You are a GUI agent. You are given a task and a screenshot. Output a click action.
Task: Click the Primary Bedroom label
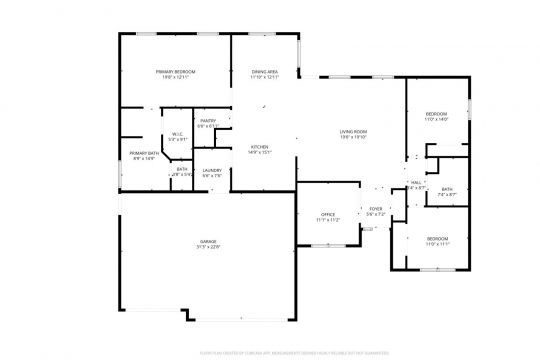tap(174, 72)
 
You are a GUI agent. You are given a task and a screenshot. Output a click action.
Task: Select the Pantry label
tap(207, 120)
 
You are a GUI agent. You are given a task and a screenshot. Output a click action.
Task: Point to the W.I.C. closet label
tap(176, 134)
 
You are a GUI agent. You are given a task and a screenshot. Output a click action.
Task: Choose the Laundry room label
tap(212, 170)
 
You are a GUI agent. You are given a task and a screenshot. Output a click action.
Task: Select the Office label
tap(327, 214)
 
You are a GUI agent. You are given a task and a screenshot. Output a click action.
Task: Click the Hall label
tap(417, 182)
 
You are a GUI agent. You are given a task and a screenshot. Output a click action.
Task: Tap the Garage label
tap(208, 242)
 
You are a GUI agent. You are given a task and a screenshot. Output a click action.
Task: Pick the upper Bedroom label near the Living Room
tap(436, 114)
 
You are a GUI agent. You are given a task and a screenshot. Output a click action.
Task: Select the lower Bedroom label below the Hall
tap(437, 238)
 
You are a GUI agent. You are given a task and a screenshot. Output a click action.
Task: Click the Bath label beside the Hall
tap(447, 188)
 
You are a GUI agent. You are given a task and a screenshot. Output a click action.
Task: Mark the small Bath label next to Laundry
tap(182, 169)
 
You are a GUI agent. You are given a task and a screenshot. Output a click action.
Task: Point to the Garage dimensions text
tap(208, 248)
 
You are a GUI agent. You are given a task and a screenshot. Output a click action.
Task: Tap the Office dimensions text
tap(327, 220)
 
